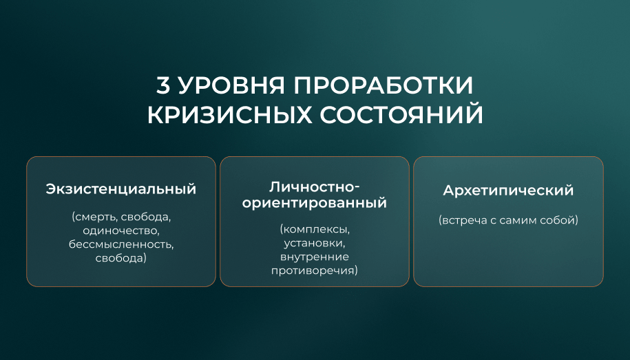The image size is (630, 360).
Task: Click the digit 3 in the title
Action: (163, 85)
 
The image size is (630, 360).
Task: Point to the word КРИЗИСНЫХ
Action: (229, 114)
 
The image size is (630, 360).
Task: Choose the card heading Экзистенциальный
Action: (121, 189)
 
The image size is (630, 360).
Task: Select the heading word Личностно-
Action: (314, 187)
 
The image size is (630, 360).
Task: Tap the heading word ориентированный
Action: (314, 203)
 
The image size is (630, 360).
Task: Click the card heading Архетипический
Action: (508, 191)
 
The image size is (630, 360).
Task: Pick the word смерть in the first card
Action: (95, 217)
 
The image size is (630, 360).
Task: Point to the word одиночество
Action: (121, 231)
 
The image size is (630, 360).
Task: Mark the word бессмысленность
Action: (121, 244)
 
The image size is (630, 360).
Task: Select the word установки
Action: (314, 243)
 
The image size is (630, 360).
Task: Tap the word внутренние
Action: (314, 257)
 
